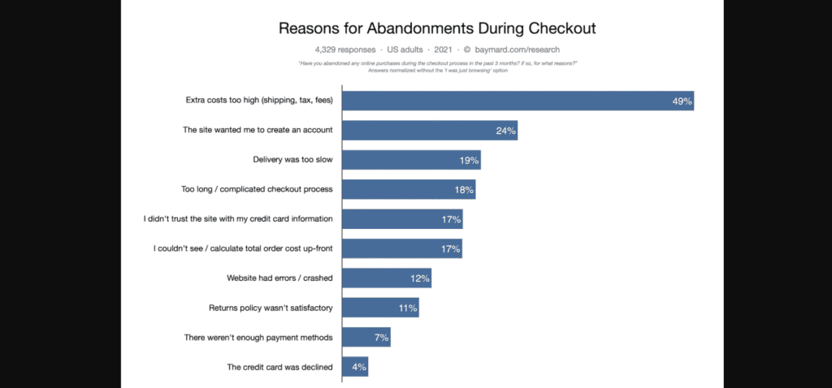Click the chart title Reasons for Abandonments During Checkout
click(x=437, y=28)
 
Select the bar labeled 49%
click(x=517, y=101)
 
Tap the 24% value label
click(x=505, y=131)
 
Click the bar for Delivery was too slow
click(x=410, y=160)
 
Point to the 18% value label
click(x=464, y=190)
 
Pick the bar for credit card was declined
click(x=355, y=367)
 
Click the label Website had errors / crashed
click(x=279, y=278)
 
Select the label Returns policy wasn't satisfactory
click(x=271, y=308)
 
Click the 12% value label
click(x=420, y=278)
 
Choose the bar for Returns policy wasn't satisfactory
click(x=380, y=308)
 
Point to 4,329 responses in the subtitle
click(x=340, y=50)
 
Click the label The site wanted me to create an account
click(x=258, y=131)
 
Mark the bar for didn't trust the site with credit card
click(x=401, y=219)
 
